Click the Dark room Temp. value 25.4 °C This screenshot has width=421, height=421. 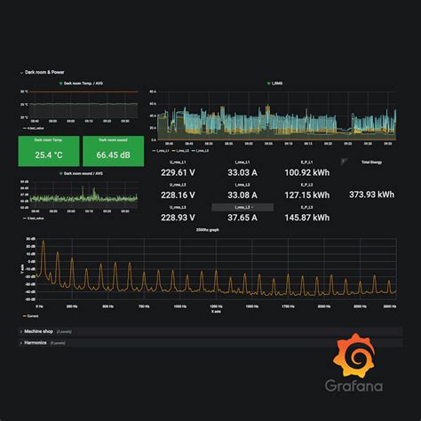pos(48,155)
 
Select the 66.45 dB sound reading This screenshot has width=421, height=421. pos(110,155)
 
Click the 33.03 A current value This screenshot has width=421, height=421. pos(242,172)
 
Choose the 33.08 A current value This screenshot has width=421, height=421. pos(242,195)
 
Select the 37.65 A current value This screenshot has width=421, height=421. pos(242,217)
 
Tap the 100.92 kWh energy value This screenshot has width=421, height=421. pos(306,172)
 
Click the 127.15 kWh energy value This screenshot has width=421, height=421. pos(306,195)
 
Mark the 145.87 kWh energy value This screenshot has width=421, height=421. pos(306,217)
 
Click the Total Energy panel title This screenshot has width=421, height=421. pos(371,163)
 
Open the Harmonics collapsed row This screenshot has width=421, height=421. pos(36,341)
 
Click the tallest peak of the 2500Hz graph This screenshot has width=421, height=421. pos(42,241)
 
